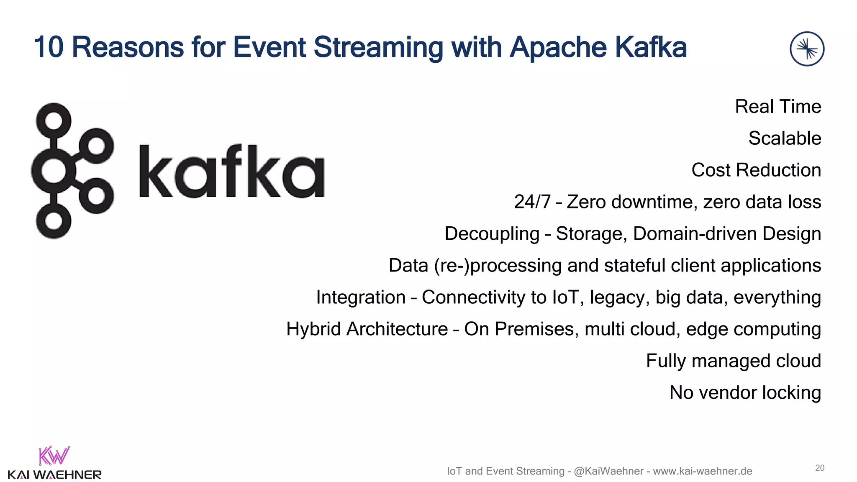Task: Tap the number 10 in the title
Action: pyautogui.click(x=48, y=47)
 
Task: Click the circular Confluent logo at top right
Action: pyautogui.click(x=807, y=49)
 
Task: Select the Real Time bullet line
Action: pyautogui.click(x=777, y=106)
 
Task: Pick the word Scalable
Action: pyautogui.click(x=784, y=138)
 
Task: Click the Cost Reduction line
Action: pyautogui.click(x=756, y=170)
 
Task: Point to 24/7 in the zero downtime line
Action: pyautogui.click(x=532, y=202)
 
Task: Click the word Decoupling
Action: pyautogui.click(x=492, y=233)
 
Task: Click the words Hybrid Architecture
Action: pyautogui.click(x=367, y=329)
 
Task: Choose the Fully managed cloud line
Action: pyautogui.click(x=733, y=361)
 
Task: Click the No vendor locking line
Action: pyautogui.click(x=745, y=392)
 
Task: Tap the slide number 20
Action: pyautogui.click(x=819, y=468)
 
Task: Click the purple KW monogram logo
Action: pyautogui.click(x=54, y=456)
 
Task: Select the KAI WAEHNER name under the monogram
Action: pyautogui.click(x=54, y=475)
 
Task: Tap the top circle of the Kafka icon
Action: pyautogui.click(x=54, y=120)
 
